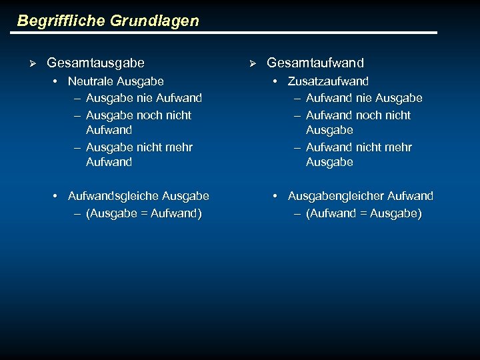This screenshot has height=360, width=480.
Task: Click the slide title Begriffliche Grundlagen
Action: coord(108,21)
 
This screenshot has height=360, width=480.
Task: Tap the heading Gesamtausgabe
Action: coord(95,63)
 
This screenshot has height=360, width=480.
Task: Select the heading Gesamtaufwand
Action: coord(315,63)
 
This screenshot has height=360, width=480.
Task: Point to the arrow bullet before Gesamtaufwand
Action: coord(253,63)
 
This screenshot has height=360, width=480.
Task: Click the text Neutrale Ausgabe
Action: coord(115,81)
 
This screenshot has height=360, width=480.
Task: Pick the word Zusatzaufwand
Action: coord(328,81)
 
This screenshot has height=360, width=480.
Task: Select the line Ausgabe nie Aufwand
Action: coord(143,98)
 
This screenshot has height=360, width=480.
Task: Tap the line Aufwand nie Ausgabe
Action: coord(364,98)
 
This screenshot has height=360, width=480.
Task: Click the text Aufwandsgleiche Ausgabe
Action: coord(139,196)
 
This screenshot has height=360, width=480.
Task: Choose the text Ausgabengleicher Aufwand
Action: coord(360,196)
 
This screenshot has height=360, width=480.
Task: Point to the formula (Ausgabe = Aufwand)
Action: coord(143,213)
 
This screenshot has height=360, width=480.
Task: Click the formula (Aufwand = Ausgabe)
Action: coord(364,213)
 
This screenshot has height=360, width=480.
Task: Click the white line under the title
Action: coord(227,33)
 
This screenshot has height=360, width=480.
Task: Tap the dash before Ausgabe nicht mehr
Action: coord(77,147)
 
